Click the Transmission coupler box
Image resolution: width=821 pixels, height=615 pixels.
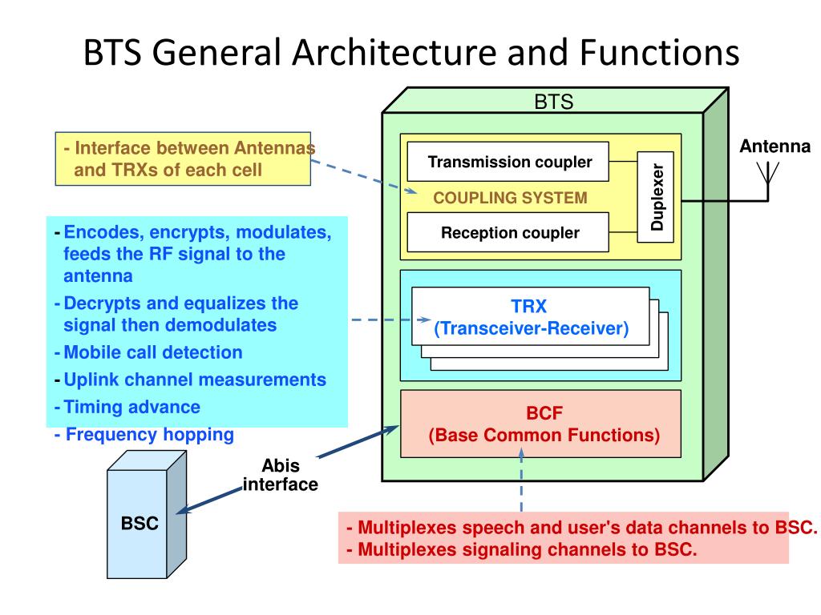509,163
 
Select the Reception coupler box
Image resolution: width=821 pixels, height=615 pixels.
509,234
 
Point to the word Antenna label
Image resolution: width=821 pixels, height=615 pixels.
774,147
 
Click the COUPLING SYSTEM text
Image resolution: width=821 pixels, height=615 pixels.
510,198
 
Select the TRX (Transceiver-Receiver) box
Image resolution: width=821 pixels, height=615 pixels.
531,316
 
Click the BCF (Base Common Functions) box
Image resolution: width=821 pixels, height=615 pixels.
540,424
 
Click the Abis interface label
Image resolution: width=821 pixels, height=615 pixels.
280,476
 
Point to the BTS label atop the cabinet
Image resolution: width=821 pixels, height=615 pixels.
553,102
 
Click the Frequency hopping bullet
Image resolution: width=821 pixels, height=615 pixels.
144,435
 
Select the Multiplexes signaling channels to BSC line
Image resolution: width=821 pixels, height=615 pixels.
522,550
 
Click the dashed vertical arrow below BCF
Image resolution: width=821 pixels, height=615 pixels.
522,480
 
